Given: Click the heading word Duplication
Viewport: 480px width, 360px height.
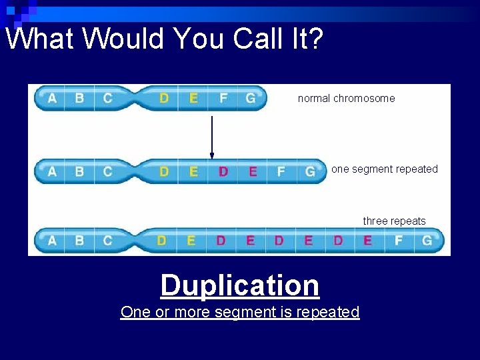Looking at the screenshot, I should click(240, 285).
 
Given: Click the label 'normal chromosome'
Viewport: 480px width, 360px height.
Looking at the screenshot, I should click(346, 99).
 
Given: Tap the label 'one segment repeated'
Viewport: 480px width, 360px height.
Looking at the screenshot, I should click(385, 169).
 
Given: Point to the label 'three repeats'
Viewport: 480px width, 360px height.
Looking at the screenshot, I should click(394, 221).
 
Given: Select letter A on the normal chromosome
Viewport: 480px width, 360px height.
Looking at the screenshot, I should click(52, 99).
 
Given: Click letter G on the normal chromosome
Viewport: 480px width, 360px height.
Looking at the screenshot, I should click(251, 99).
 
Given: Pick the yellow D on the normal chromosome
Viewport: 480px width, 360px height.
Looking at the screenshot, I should click(164, 99).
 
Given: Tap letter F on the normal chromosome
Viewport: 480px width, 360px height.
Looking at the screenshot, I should click(223, 99).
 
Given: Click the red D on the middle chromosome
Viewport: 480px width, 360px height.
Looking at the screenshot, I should click(223, 171).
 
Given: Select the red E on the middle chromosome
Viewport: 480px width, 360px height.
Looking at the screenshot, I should click(253, 171).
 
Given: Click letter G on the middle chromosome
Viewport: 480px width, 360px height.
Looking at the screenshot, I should click(310, 171).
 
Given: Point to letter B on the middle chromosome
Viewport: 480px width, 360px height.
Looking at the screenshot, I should click(79, 171).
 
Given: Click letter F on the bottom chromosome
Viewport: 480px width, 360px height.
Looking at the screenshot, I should click(399, 240).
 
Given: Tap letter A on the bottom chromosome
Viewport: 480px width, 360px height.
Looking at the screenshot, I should click(52, 240).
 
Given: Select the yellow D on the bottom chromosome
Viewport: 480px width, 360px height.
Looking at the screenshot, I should click(161, 240).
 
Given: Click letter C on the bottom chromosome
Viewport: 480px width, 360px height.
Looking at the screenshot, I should click(108, 240).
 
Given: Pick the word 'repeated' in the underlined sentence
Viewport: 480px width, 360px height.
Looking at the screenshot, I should click(329, 312).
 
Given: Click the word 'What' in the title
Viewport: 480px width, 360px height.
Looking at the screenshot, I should click(40, 39).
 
